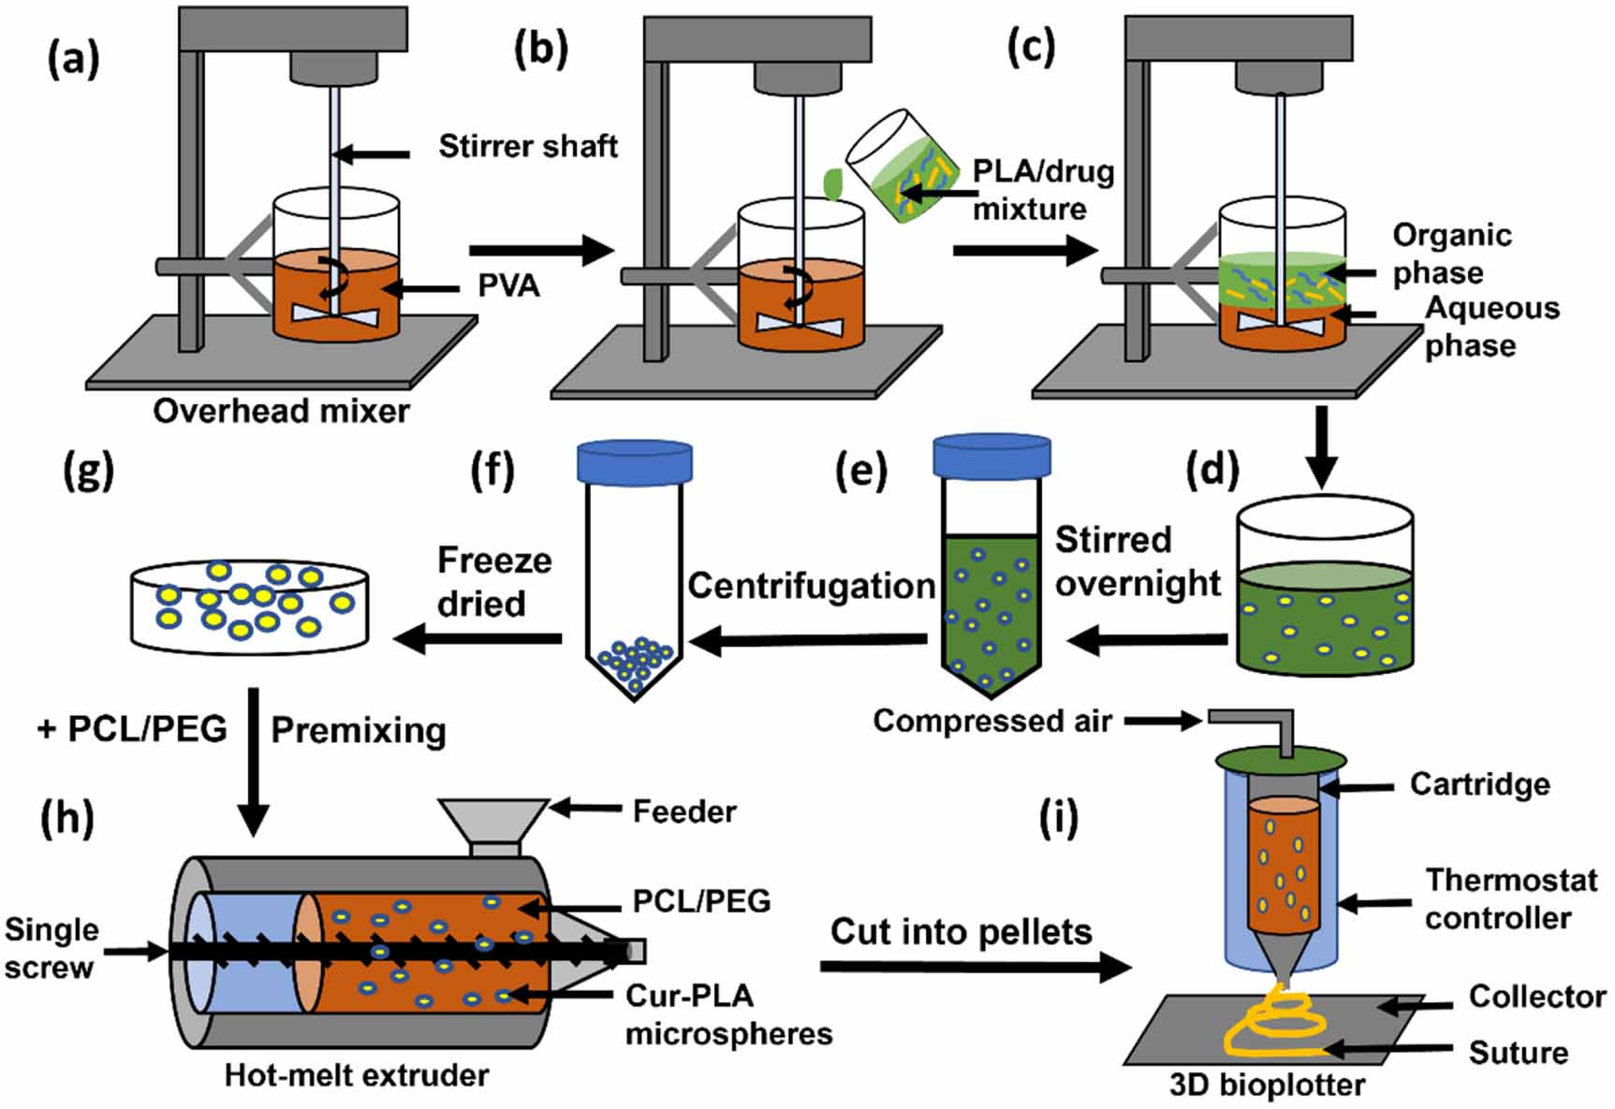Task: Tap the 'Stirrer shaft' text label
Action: [528, 146]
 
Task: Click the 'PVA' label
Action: [508, 285]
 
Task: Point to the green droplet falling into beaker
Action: [831, 182]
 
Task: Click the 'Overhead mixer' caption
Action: [281, 411]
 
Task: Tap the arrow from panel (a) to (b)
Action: [540, 250]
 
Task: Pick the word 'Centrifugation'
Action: [812, 586]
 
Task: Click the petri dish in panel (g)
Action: [249, 606]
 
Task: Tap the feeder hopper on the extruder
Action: [493, 824]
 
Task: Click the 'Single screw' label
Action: [51, 948]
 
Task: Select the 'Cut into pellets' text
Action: [962, 932]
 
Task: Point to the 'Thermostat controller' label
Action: [1510, 898]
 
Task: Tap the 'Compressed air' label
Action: [992, 721]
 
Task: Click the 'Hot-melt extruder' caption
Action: [356, 1075]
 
